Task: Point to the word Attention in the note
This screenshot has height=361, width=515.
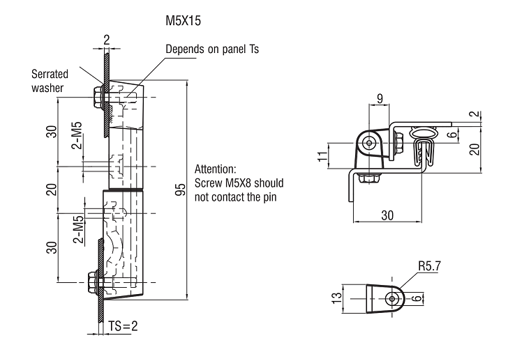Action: click(x=216, y=169)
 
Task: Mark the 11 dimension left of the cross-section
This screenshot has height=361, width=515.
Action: click(x=322, y=155)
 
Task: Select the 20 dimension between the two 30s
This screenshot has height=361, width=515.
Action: click(x=52, y=189)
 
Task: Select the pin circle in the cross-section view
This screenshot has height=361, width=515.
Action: click(x=368, y=142)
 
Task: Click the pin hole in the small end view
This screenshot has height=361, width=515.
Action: click(x=393, y=298)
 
